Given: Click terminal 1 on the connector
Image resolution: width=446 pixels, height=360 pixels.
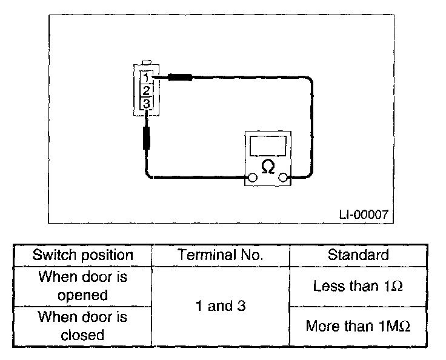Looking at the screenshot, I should [x=146, y=78].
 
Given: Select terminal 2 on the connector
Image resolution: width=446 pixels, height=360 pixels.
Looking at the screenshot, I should [x=146, y=91].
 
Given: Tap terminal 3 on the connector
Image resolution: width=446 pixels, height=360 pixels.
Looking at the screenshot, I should [x=146, y=104].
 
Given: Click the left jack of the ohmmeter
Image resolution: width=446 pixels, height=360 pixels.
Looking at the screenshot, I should [x=251, y=178].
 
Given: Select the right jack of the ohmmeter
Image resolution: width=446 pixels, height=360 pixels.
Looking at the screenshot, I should [x=282, y=178].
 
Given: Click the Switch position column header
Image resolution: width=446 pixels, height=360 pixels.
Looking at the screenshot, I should [x=82, y=255].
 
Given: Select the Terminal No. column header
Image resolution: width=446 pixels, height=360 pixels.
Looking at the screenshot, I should [x=221, y=255].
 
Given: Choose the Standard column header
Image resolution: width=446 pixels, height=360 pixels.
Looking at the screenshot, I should [x=358, y=255].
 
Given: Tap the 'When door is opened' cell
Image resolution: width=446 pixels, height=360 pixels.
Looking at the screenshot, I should [x=82, y=286].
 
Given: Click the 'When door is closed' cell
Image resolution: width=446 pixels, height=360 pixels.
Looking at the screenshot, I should [x=82, y=326].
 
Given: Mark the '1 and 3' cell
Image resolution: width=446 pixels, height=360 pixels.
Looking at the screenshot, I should [x=221, y=306].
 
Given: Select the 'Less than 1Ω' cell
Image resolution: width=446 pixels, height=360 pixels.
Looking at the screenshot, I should [x=358, y=286].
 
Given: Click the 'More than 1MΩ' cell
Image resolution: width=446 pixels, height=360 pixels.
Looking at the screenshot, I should [x=358, y=326].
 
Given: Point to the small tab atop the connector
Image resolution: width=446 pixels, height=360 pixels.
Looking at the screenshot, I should [x=145, y=61].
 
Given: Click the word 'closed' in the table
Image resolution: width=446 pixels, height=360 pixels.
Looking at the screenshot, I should [x=82, y=335].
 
